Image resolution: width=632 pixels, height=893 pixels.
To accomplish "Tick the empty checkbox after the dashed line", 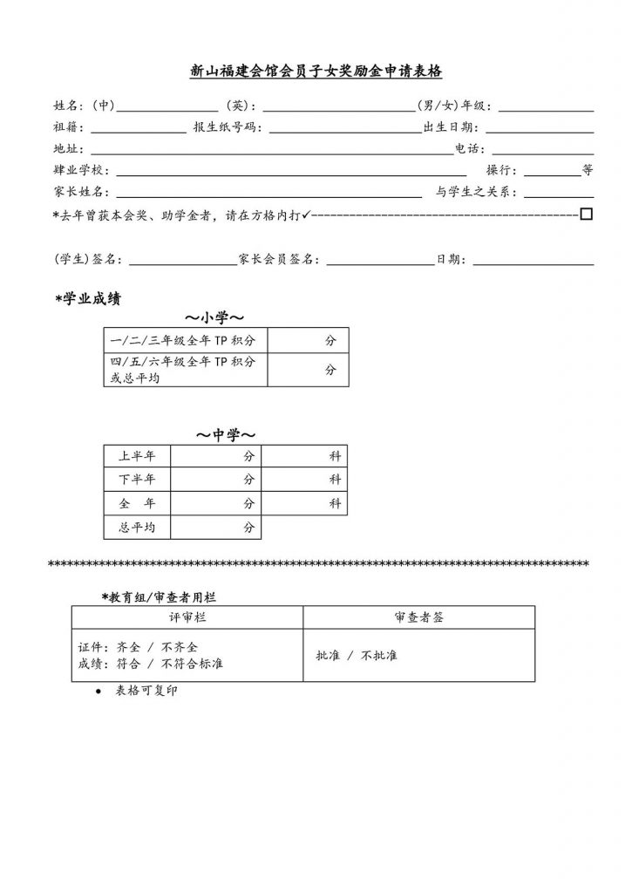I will [586, 213].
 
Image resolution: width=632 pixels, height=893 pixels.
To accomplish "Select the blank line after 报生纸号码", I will [345, 127].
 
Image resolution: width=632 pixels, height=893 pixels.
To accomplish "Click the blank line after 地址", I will [271, 149].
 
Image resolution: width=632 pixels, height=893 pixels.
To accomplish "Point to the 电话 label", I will [470, 149].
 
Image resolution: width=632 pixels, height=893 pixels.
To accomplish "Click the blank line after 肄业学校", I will [291, 171].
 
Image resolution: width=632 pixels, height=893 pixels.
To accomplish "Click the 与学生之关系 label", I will [476, 193].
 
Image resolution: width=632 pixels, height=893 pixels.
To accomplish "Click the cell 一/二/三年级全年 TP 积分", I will [184, 339].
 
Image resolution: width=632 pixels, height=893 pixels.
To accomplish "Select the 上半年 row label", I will [137, 456].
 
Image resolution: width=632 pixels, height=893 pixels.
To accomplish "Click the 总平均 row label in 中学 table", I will [137, 528].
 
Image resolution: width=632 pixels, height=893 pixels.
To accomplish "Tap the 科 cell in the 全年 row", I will [335, 504].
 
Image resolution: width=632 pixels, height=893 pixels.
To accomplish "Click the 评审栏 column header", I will [187, 617].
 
